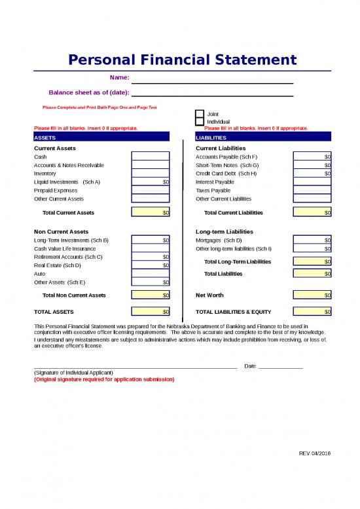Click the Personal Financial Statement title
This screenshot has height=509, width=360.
[183, 60]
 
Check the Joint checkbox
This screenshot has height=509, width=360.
[200, 114]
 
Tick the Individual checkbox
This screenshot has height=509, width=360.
[200, 122]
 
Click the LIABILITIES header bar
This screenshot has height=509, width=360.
[263, 138]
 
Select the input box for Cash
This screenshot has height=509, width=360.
[151, 157]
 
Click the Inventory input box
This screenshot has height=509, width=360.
[151, 174]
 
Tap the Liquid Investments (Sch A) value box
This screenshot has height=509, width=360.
[151, 182]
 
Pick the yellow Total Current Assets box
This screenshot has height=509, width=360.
[151, 212]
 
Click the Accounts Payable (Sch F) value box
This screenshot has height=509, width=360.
[312, 157]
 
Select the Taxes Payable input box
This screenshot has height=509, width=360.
[312, 190]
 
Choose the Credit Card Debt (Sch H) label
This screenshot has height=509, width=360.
[226, 174]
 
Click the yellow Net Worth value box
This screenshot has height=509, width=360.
[312, 295]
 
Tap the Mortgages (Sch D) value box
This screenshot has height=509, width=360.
[312, 240]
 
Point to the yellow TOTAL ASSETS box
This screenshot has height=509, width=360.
[151, 312]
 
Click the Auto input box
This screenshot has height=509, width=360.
[151, 274]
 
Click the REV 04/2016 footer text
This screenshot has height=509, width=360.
[315, 453]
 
